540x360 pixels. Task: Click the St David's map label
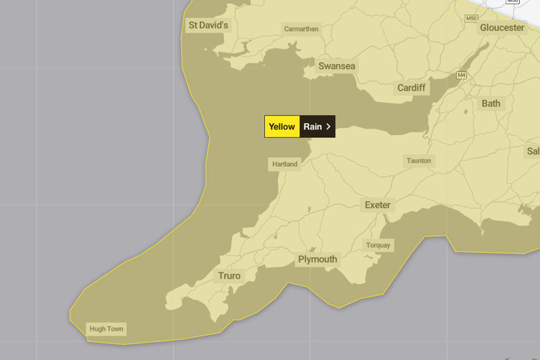coord(208,26)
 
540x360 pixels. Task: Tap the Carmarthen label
coord(301,29)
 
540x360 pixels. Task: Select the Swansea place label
coord(337,66)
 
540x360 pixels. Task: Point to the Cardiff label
coord(411,88)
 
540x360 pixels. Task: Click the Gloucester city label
coord(502,27)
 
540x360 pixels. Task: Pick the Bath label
coord(491,103)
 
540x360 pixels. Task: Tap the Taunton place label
coord(419,161)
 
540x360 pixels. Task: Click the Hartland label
coord(284,164)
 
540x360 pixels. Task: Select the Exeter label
coord(378,205)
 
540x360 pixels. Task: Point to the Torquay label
coord(378,245)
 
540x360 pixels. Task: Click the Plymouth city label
coord(317,259)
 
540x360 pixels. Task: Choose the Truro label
coord(229,276)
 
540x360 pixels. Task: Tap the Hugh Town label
coord(106,329)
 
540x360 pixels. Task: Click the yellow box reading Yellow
coord(281,126)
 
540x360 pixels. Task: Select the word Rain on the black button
coord(312,126)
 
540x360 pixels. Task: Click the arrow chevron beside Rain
coord(328,126)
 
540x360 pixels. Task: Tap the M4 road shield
coord(461,75)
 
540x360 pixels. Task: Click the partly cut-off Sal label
coord(533,151)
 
